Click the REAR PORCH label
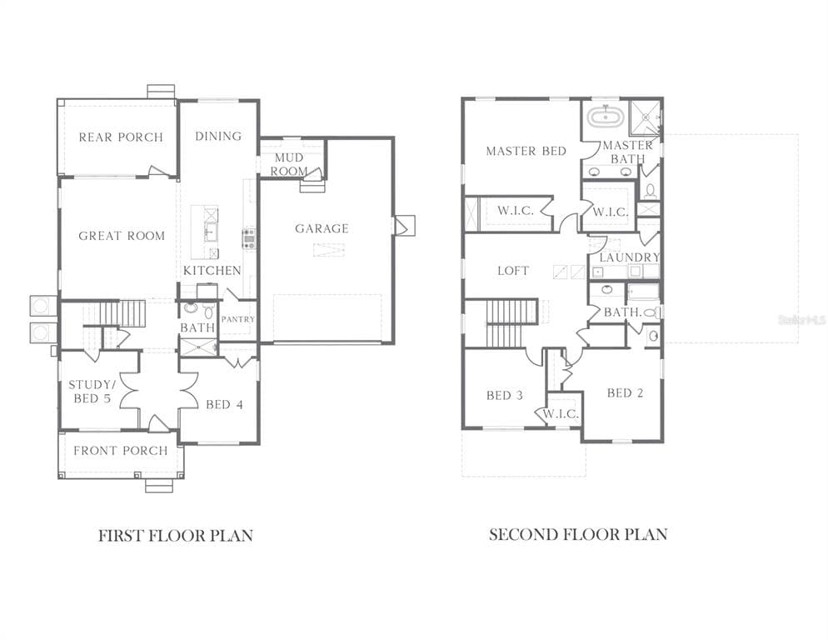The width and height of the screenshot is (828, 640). click(x=121, y=137)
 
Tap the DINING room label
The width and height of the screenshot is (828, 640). click(x=218, y=136)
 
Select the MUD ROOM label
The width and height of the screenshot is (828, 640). click(x=289, y=164)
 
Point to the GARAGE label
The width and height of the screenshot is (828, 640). click(x=322, y=228)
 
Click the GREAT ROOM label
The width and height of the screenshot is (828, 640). click(x=122, y=236)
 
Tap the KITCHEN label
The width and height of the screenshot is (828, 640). click(x=212, y=271)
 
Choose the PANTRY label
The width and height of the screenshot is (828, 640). click(x=238, y=319)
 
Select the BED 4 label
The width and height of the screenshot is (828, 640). click(x=224, y=405)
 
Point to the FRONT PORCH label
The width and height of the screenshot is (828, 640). click(x=121, y=451)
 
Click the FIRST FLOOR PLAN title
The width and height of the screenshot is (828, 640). click(x=175, y=535)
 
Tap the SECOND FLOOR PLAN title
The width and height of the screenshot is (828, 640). click(x=577, y=534)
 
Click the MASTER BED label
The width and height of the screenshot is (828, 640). click(x=526, y=151)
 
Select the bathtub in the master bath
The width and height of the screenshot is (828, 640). click(x=604, y=117)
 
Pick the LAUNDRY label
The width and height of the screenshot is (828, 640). click(x=630, y=257)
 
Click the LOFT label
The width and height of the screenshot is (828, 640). click(x=513, y=271)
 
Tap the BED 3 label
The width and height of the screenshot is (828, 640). click(x=504, y=395)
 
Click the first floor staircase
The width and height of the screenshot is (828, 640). click(x=122, y=314)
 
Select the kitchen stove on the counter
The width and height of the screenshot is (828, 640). click(x=248, y=238)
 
